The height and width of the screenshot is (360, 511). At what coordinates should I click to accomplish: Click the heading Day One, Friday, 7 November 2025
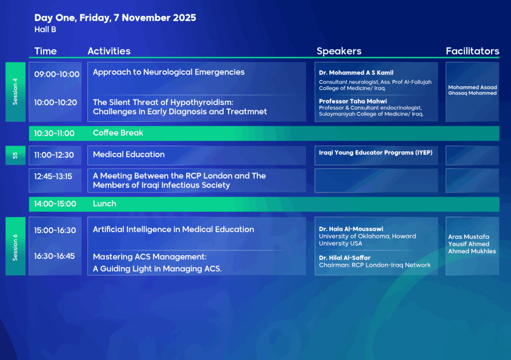click(x=115, y=18)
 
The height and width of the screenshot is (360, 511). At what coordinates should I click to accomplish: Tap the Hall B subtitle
click(x=45, y=29)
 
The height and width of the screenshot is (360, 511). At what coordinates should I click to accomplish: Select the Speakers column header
click(x=339, y=51)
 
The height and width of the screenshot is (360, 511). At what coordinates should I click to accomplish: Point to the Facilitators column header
click(x=472, y=51)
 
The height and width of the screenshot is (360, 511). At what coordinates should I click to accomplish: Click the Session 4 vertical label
click(x=15, y=91)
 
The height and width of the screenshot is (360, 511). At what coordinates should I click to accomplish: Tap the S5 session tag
click(x=15, y=155)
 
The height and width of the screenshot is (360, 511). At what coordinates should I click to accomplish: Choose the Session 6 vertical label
click(x=15, y=247)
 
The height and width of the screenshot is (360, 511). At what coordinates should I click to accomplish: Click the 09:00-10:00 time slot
click(x=57, y=74)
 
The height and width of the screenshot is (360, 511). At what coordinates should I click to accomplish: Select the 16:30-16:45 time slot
click(x=54, y=256)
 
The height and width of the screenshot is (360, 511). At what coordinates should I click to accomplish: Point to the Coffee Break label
click(x=118, y=133)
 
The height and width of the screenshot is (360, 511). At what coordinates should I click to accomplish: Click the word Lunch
click(x=105, y=204)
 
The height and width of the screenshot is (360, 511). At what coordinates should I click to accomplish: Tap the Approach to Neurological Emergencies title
click(x=169, y=72)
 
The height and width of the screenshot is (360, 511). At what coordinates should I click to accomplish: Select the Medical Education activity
click(x=129, y=155)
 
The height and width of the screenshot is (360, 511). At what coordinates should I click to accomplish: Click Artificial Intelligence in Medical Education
click(x=173, y=229)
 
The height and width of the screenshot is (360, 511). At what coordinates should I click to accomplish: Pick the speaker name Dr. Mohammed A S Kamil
click(x=356, y=73)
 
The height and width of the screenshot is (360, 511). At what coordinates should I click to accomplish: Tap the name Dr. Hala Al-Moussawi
click(x=351, y=229)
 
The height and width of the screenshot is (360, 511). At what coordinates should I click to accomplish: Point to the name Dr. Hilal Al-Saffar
click(x=345, y=258)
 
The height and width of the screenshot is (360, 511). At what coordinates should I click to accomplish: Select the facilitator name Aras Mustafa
click(x=469, y=237)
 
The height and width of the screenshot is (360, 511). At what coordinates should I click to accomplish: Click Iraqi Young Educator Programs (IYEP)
click(x=376, y=153)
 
